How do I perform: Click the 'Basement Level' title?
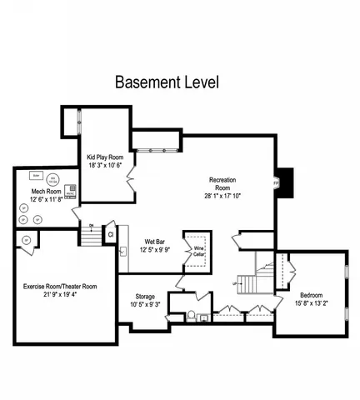(167, 82)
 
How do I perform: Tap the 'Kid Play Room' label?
(104, 157)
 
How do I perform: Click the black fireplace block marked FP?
(284, 180)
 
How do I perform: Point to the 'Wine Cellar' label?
(200, 249)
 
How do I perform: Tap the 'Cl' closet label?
(111, 235)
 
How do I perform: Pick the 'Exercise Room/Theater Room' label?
(60, 286)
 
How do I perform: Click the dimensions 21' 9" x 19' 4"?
(60, 294)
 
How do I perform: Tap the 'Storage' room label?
(146, 297)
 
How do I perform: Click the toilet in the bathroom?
(192, 316)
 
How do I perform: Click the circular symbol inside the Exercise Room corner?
(25, 241)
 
